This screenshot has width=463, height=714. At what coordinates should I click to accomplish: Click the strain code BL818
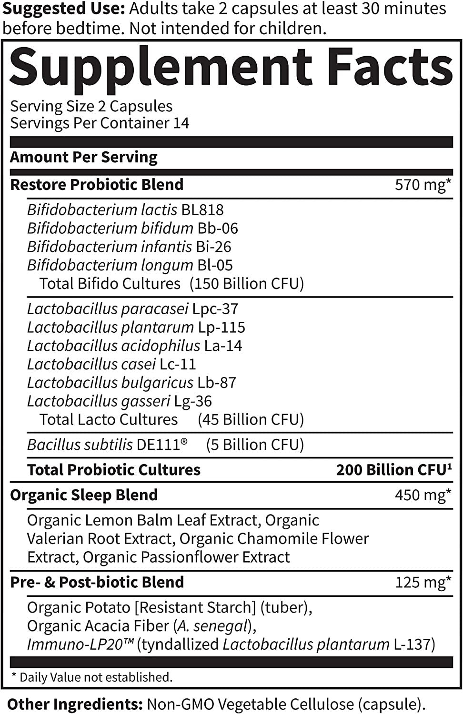pyautogui.click(x=202, y=210)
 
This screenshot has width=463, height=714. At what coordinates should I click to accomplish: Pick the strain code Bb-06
pyautogui.click(x=218, y=228)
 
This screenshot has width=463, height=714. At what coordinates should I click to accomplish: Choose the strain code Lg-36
pyautogui.click(x=193, y=401)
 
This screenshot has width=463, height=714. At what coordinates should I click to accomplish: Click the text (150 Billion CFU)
pyautogui.click(x=246, y=284)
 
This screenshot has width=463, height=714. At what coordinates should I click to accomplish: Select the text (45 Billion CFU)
pyautogui.click(x=251, y=419)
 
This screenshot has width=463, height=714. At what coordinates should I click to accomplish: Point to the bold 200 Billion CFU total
pyautogui.click(x=393, y=470)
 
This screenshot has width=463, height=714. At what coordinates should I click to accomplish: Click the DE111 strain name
pyautogui.click(x=160, y=445)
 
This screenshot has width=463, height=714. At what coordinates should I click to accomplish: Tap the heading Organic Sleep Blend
pyautogui.click(x=84, y=495)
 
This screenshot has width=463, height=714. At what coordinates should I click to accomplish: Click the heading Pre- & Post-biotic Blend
pyautogui.click(x=97, y=582)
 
